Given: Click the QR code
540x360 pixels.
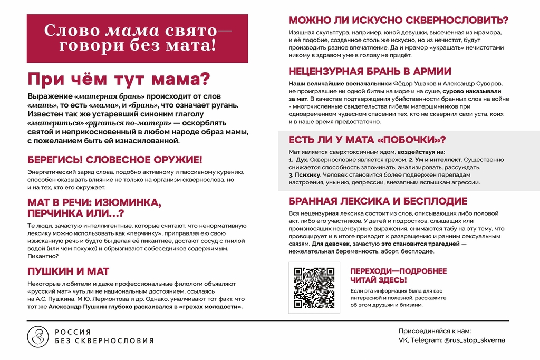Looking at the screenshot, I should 314,288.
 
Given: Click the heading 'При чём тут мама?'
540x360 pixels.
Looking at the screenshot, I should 119,80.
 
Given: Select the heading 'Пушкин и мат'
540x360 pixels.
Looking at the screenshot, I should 68,271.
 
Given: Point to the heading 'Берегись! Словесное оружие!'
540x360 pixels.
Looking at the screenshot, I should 114,160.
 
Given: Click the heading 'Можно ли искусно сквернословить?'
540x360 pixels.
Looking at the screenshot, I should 398,21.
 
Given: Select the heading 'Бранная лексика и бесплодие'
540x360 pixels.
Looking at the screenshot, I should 378,201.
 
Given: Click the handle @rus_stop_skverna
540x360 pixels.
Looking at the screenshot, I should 475,340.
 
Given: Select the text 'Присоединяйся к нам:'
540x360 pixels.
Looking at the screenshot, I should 435,331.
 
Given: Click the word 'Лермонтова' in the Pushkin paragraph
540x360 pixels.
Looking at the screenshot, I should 109,299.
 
